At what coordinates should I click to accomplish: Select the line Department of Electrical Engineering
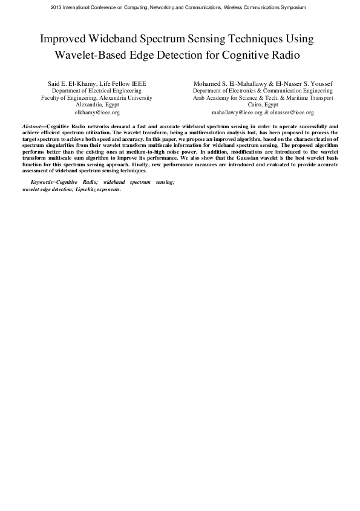coord(97,90)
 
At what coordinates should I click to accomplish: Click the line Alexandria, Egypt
coord(97,105)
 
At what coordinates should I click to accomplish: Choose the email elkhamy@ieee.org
coord(97,112)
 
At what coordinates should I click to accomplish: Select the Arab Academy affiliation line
coord(262,97)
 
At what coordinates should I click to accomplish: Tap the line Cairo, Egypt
coord(262,105)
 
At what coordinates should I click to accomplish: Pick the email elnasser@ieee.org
coord(292,112)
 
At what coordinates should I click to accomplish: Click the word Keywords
coord(42,182)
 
